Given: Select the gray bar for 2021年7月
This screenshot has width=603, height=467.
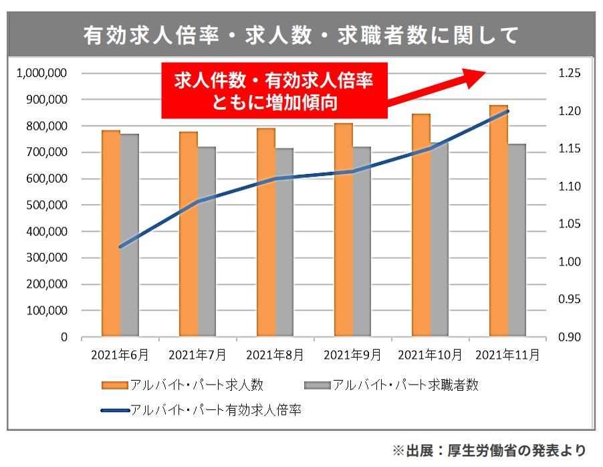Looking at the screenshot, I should [207, 242].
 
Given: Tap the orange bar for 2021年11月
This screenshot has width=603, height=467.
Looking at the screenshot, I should [498, 221].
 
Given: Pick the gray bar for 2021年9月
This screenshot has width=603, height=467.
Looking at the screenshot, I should [362, 242].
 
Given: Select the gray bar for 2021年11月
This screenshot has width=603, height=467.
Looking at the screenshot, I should [517, 240].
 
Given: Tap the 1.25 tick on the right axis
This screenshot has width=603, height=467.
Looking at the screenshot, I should [570, 73].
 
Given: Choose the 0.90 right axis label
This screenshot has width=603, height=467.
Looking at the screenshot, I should [570, 337].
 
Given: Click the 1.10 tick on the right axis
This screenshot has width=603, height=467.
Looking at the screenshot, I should [570, 187].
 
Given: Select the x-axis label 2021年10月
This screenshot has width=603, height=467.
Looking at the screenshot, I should [430, 355].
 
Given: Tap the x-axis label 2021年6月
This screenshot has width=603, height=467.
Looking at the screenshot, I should [120, 355].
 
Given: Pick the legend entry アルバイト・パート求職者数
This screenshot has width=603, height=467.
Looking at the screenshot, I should [391, 385].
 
